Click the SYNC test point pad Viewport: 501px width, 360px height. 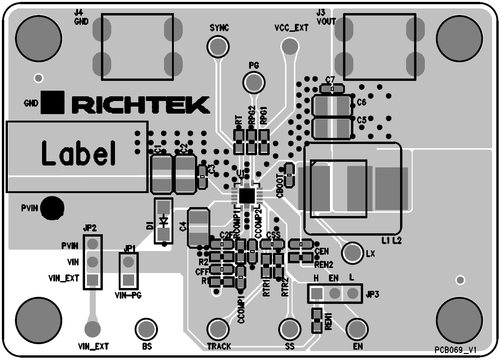pyautogui.click(x=218, y=46)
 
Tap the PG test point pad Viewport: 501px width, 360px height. pyautogui.click(x=254, y=83)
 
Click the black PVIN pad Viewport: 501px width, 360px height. pyautogui.click(x=52, y=208)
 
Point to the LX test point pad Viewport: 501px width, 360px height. pyautogui.click(x=353, y=253)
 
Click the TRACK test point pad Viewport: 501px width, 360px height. pyautogui.click(x=218, y=328)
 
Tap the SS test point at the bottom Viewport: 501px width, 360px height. pyautogui.click(x=289, y=328)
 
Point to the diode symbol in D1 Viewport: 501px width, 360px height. pyautogui.click(x=164, y=221)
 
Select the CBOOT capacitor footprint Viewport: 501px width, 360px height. pyautogui.click(x=289, y=174)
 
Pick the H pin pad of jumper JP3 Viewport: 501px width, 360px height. pyautogui.click(x=316, y=293)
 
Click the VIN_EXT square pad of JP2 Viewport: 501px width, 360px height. pyautogui.click(x=93, y=280)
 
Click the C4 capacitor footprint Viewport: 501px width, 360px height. pyautogui.click(x=198, y=228)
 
